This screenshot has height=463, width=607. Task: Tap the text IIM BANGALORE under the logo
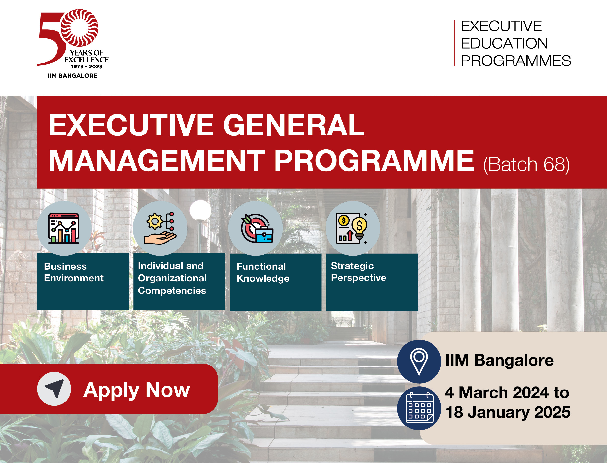point(73,76)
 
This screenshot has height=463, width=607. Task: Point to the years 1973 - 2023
point(87,67)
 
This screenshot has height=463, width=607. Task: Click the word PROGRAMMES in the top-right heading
point(516,61)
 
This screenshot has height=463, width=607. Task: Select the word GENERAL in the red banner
point(294,125)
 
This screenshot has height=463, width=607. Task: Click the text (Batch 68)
point(526,165)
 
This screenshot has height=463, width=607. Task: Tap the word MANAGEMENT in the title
point(156,161)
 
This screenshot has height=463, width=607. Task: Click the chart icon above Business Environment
point(64,228)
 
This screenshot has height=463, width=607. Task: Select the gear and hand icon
point(160,228)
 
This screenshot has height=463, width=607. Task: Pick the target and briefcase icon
point(257,228)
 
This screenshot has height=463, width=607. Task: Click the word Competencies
point(172,291)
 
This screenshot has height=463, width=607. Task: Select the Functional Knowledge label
point(263,273)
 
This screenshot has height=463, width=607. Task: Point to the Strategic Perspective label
point(358,272)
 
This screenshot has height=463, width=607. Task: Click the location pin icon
point(419,362)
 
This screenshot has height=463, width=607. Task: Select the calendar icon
point(420,408)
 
